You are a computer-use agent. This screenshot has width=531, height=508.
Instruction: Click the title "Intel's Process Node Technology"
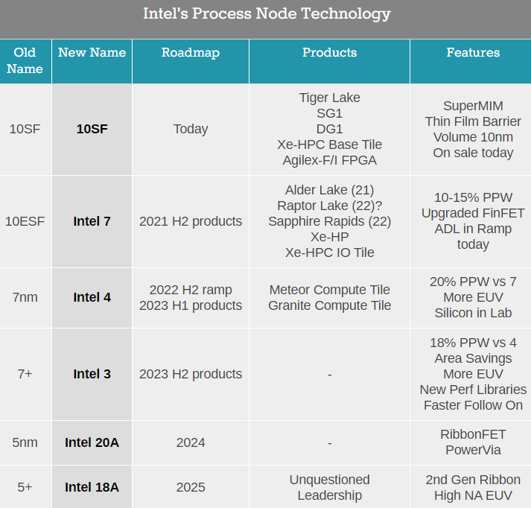[x=266, y=14]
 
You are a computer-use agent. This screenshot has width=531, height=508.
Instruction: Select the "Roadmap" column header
[x=191, y=53]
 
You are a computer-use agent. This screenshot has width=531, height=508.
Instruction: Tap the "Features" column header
[x=473, y=53]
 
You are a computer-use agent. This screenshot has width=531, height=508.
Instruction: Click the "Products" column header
[x=329, y=53]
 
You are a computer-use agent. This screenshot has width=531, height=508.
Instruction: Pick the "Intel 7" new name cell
[x=92, y=221]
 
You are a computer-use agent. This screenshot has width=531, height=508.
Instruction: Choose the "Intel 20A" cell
[x=92, y=442]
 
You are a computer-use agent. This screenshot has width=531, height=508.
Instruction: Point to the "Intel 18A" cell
[x=92, y=487]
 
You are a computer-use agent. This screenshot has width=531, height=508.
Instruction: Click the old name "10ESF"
[x=25, y=221]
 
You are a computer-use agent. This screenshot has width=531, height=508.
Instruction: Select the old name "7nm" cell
[x=25, y=297]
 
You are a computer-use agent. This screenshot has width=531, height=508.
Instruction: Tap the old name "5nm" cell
[x=25, y=442]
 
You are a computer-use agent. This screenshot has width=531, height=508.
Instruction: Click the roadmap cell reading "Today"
[x=191, y=129]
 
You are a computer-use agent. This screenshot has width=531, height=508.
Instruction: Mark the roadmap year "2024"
[x=191, y=442]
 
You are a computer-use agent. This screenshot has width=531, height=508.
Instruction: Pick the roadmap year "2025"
[x=191, y=487]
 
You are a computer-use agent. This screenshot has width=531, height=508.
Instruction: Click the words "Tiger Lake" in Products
[x=329, y=98]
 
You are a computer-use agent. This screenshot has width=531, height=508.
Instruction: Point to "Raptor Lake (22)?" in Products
[x=329, y=206]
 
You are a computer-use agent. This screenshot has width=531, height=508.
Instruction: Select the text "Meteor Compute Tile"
[x=329, y=290]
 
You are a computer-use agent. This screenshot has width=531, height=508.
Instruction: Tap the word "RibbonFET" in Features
[x=473, y=434]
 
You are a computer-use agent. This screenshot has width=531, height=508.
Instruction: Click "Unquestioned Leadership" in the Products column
[x=329, y=487]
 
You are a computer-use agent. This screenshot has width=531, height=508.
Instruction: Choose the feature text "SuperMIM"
[x=473, y=106]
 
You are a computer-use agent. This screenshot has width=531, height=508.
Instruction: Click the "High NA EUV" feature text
[x=473, y=495]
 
